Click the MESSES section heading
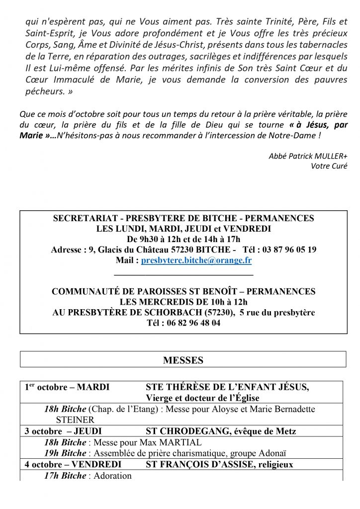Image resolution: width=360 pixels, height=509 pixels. click(183, 361)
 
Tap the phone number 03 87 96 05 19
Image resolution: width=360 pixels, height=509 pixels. click(283, 250)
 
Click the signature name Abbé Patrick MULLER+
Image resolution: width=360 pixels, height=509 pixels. click(308, 156)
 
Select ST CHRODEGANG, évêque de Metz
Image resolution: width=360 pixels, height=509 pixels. click(221, 431)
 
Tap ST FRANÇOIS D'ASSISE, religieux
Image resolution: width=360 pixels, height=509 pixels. click(219, 465)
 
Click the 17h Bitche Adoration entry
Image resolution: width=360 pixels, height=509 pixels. click(88, 476)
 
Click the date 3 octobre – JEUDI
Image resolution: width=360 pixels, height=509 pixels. click(63, 431)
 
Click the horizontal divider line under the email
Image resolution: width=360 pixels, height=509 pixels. click(183, 275)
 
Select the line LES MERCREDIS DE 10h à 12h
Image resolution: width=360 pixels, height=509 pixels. click(183, 302)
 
